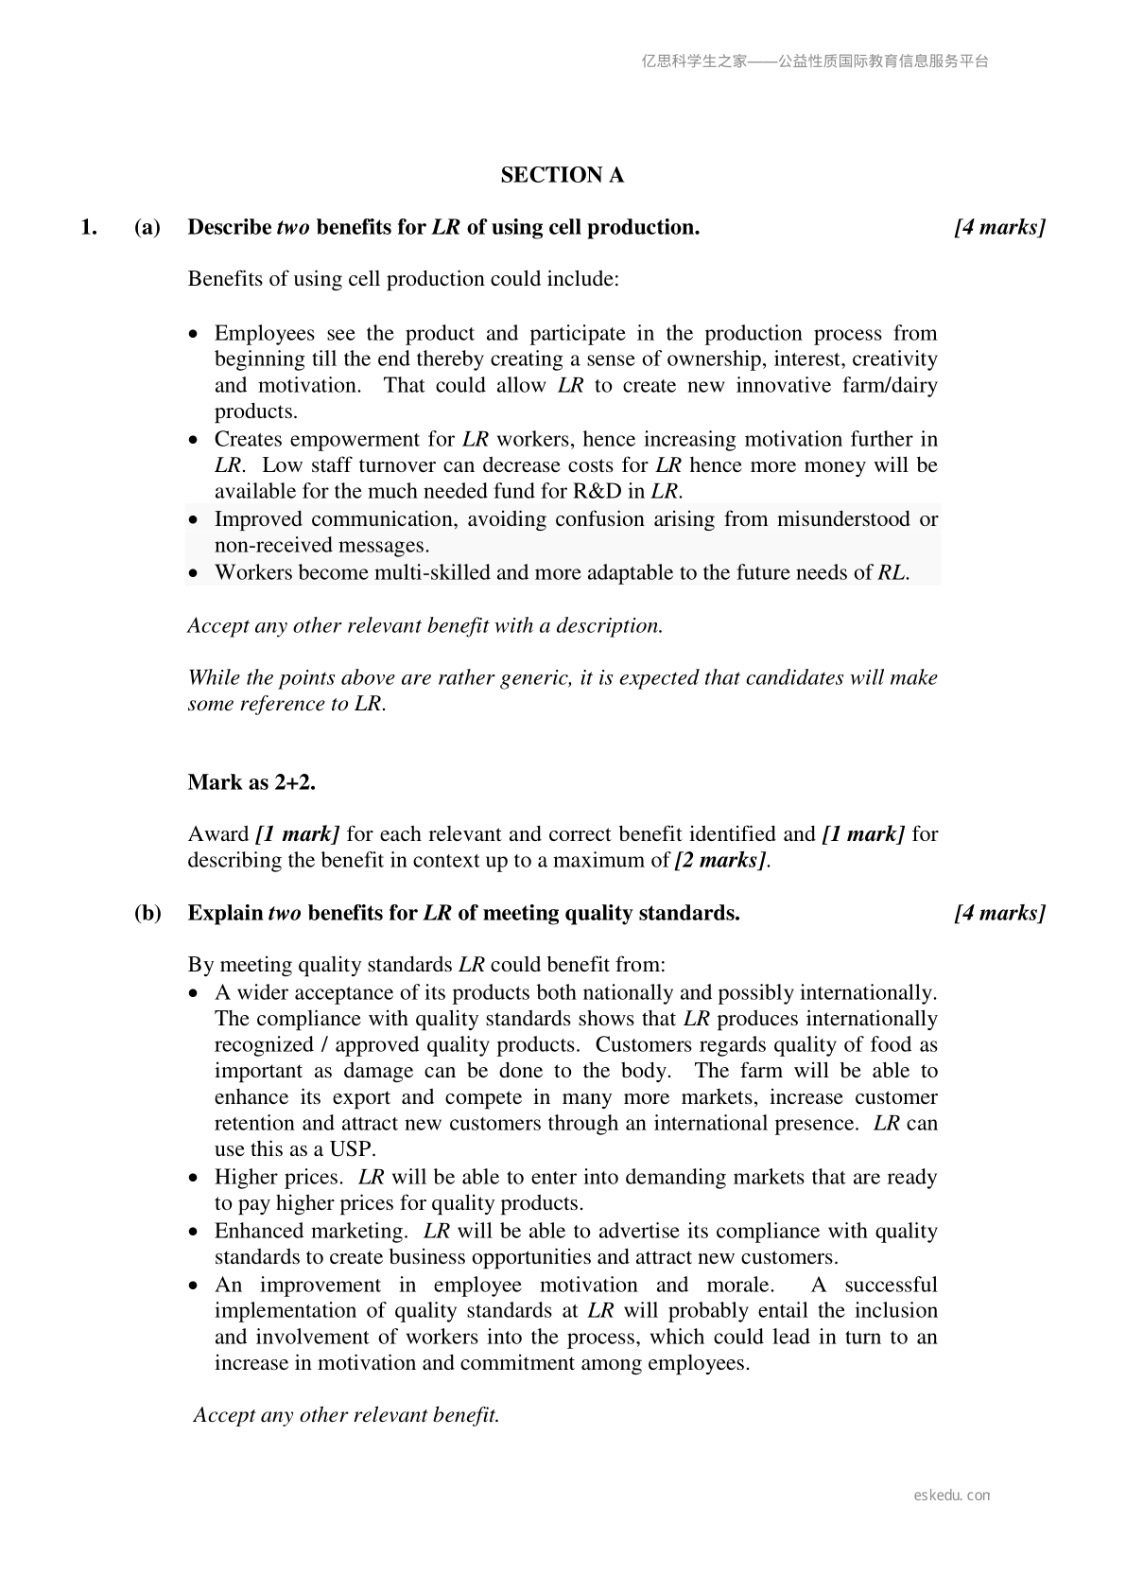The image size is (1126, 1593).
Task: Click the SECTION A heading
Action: click(562, 175)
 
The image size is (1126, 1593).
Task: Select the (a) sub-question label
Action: click(147, 227)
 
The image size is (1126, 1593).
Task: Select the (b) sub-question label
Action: click(147, 913)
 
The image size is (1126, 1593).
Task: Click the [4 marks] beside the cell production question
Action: click(999, 227)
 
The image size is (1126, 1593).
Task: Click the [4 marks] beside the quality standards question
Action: click(999, 913)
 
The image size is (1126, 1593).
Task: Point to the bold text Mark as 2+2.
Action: click(251, 782)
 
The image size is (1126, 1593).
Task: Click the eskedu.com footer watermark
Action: click(952, 1496)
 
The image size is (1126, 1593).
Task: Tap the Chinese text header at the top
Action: click(815, 61)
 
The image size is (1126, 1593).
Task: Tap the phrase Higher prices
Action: click(278, 1177)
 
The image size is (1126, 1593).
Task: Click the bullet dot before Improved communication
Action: click(194, 520)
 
